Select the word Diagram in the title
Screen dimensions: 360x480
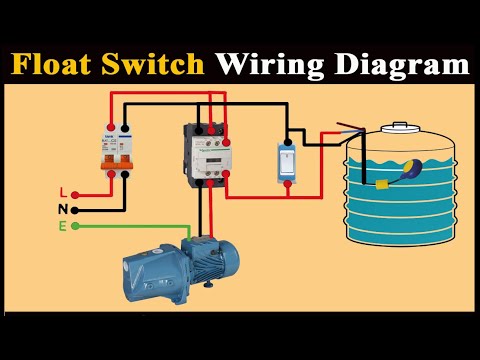pyautogui.click(x=401, y=66)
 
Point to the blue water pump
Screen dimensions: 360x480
pyautogui.click(x=175, y=265)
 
